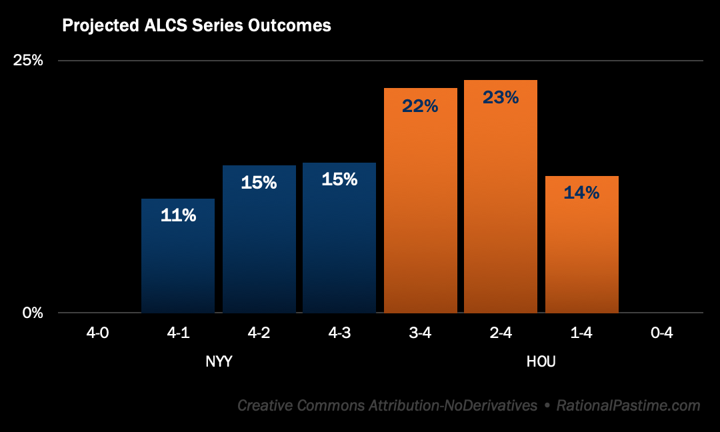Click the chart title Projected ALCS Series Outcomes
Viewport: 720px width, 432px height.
(x=197, y=26)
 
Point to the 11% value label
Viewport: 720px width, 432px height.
(x=178, y=215)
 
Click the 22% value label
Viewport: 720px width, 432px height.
(x=421, y=105)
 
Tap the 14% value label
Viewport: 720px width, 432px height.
(x=582, y=193)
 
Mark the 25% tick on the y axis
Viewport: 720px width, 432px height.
(x=29, y=61)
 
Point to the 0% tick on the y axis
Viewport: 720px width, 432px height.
(x=33, y=313)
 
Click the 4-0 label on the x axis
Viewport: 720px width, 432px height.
(x=97, y=333)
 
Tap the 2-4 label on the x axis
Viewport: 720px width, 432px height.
(x=501, y=333)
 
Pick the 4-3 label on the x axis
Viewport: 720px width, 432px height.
(x=339, y=333)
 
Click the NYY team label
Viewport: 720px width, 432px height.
(x=219, y=362)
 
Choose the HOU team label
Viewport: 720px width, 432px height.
(x=541, y=362)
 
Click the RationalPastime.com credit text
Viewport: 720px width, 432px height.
(x=628, y=405)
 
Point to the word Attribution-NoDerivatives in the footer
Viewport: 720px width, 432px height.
(x=453, y=405)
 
